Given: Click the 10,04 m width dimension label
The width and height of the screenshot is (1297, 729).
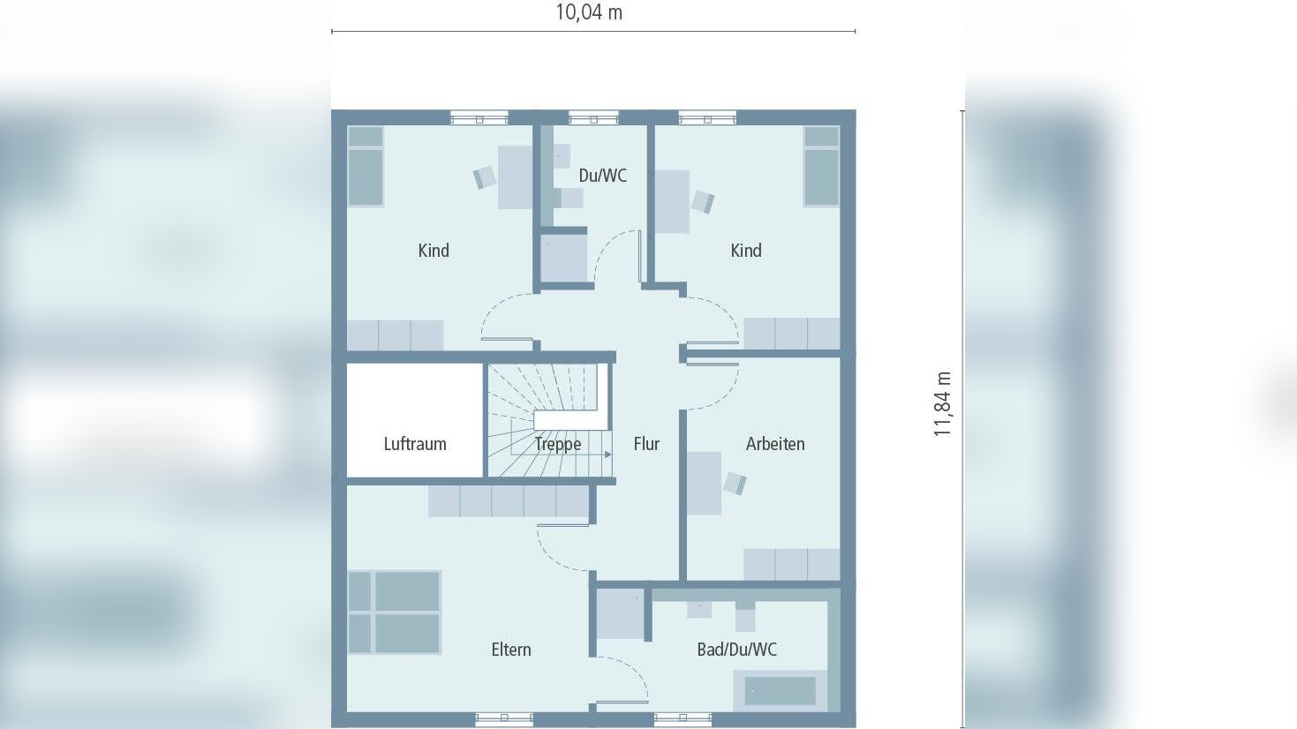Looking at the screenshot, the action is point(589,12).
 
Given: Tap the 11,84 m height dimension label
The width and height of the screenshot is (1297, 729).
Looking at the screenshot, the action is point(942,404).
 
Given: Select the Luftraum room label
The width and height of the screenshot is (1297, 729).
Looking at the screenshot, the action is point(415,444).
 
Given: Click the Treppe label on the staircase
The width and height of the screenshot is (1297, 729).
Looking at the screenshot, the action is point(558,444).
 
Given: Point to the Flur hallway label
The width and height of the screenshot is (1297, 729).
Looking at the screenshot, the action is point(646,444).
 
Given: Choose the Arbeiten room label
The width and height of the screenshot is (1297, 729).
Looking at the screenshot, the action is point(774,444).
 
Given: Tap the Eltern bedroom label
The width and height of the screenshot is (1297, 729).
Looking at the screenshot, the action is point(510,650).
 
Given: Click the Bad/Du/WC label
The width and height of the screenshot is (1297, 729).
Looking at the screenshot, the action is point(736,650).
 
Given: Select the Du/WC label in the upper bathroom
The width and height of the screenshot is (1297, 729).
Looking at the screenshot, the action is point(602,176).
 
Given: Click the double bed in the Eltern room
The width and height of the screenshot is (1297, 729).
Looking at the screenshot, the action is point(395,613).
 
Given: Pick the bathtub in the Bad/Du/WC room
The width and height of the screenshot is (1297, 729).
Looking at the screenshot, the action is point(780,691).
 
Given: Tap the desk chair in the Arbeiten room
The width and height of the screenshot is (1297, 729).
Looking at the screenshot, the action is point(735,483).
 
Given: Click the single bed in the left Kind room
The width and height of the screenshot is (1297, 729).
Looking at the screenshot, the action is point(366,166).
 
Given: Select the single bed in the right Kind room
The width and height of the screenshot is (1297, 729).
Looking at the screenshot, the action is point(822,166).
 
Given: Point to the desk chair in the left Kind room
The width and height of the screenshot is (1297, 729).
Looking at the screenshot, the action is point(485,177).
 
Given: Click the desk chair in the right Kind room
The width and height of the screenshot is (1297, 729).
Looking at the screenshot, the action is point(703,202).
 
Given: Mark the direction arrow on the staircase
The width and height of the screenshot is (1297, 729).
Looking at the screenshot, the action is point(607,455).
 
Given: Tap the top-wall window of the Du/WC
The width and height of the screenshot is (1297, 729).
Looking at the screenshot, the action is point(593,118).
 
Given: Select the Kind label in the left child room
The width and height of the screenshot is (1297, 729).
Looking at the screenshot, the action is point(434,251).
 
